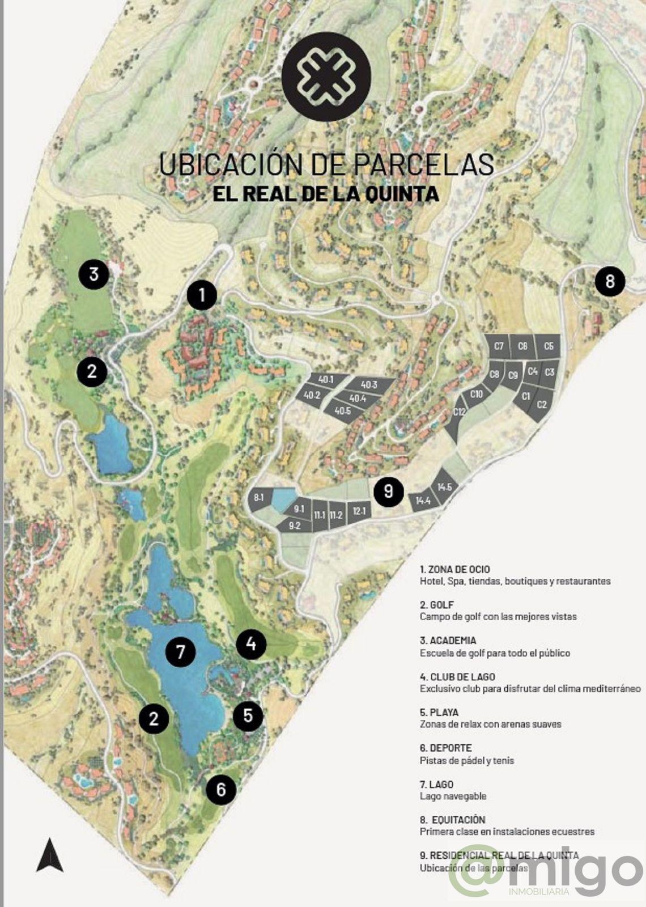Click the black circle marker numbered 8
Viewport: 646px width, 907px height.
click(610, 281)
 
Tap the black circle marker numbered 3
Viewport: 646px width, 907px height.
click(93, 274)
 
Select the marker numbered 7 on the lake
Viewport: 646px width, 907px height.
click(180, 652)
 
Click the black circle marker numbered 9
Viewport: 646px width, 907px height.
click(388, 490)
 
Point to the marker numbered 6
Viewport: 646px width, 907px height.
click(221, 789)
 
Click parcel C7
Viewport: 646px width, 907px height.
click(499, 346)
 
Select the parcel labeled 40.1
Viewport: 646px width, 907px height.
click(326, 380)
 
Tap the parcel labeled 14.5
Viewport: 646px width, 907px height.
click(445, 488)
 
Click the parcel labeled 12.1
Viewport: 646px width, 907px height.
click(359, 511)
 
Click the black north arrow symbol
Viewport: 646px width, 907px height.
click(50, 855)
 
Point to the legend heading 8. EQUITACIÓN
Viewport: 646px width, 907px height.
click(453, 820)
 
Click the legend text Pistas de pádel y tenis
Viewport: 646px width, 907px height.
click(467, 761)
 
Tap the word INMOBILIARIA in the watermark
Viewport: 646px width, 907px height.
click(539, 892)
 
